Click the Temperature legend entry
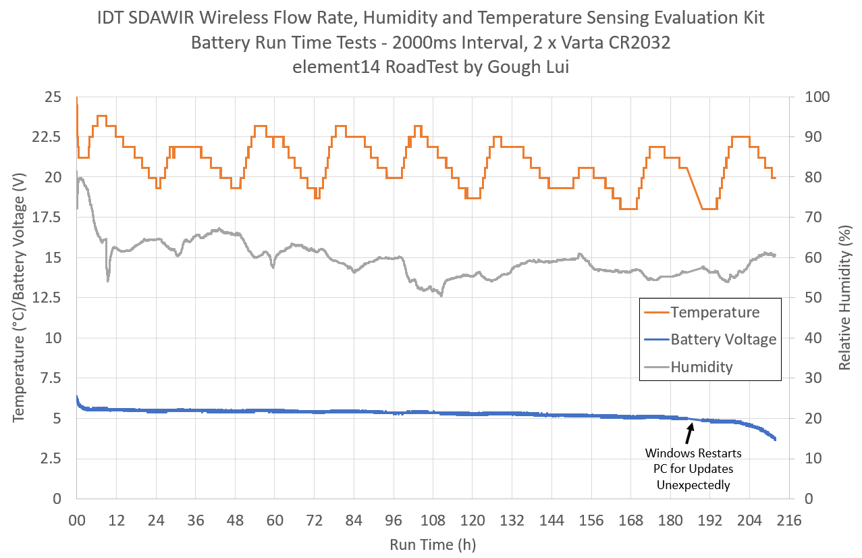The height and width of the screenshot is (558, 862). click(714, 312)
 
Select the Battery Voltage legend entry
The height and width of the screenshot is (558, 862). click(723, 339)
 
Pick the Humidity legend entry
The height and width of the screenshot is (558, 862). click(701, 367)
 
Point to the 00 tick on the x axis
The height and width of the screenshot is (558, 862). click(77, 521)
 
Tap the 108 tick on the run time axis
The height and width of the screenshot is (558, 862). click(433, 521)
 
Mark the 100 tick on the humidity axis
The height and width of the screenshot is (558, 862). click(818, 97)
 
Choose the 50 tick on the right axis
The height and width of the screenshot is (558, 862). click(815, 298)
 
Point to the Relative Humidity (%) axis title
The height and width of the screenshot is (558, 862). click(845, 298)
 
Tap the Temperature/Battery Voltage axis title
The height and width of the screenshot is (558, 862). click(18, 298)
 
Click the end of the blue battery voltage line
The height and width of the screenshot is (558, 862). click(776, 440)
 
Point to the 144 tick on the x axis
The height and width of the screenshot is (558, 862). click(551, 521)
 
